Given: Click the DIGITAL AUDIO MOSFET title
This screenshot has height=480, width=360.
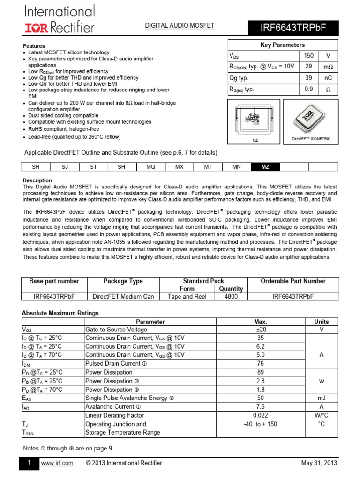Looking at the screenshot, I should coord(180,26).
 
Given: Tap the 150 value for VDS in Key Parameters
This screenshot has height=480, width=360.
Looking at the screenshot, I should coord(309,56).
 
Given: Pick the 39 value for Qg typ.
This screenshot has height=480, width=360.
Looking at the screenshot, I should coord(309,78).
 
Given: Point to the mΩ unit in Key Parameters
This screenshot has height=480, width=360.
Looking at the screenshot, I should coord(328,67).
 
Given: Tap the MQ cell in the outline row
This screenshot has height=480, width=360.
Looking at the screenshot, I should coord(150,167).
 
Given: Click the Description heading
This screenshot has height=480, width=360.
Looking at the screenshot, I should coord(37,180).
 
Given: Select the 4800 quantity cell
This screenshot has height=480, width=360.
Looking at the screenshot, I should coord(231,297).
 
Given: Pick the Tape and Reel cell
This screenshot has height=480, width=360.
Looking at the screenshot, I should coord(187,297).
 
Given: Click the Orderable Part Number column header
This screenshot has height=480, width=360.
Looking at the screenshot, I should coord(293,281).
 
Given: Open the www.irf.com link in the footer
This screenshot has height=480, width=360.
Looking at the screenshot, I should coord(57,463).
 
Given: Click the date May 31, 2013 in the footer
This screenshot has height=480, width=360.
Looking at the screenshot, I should coord(319,463).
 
